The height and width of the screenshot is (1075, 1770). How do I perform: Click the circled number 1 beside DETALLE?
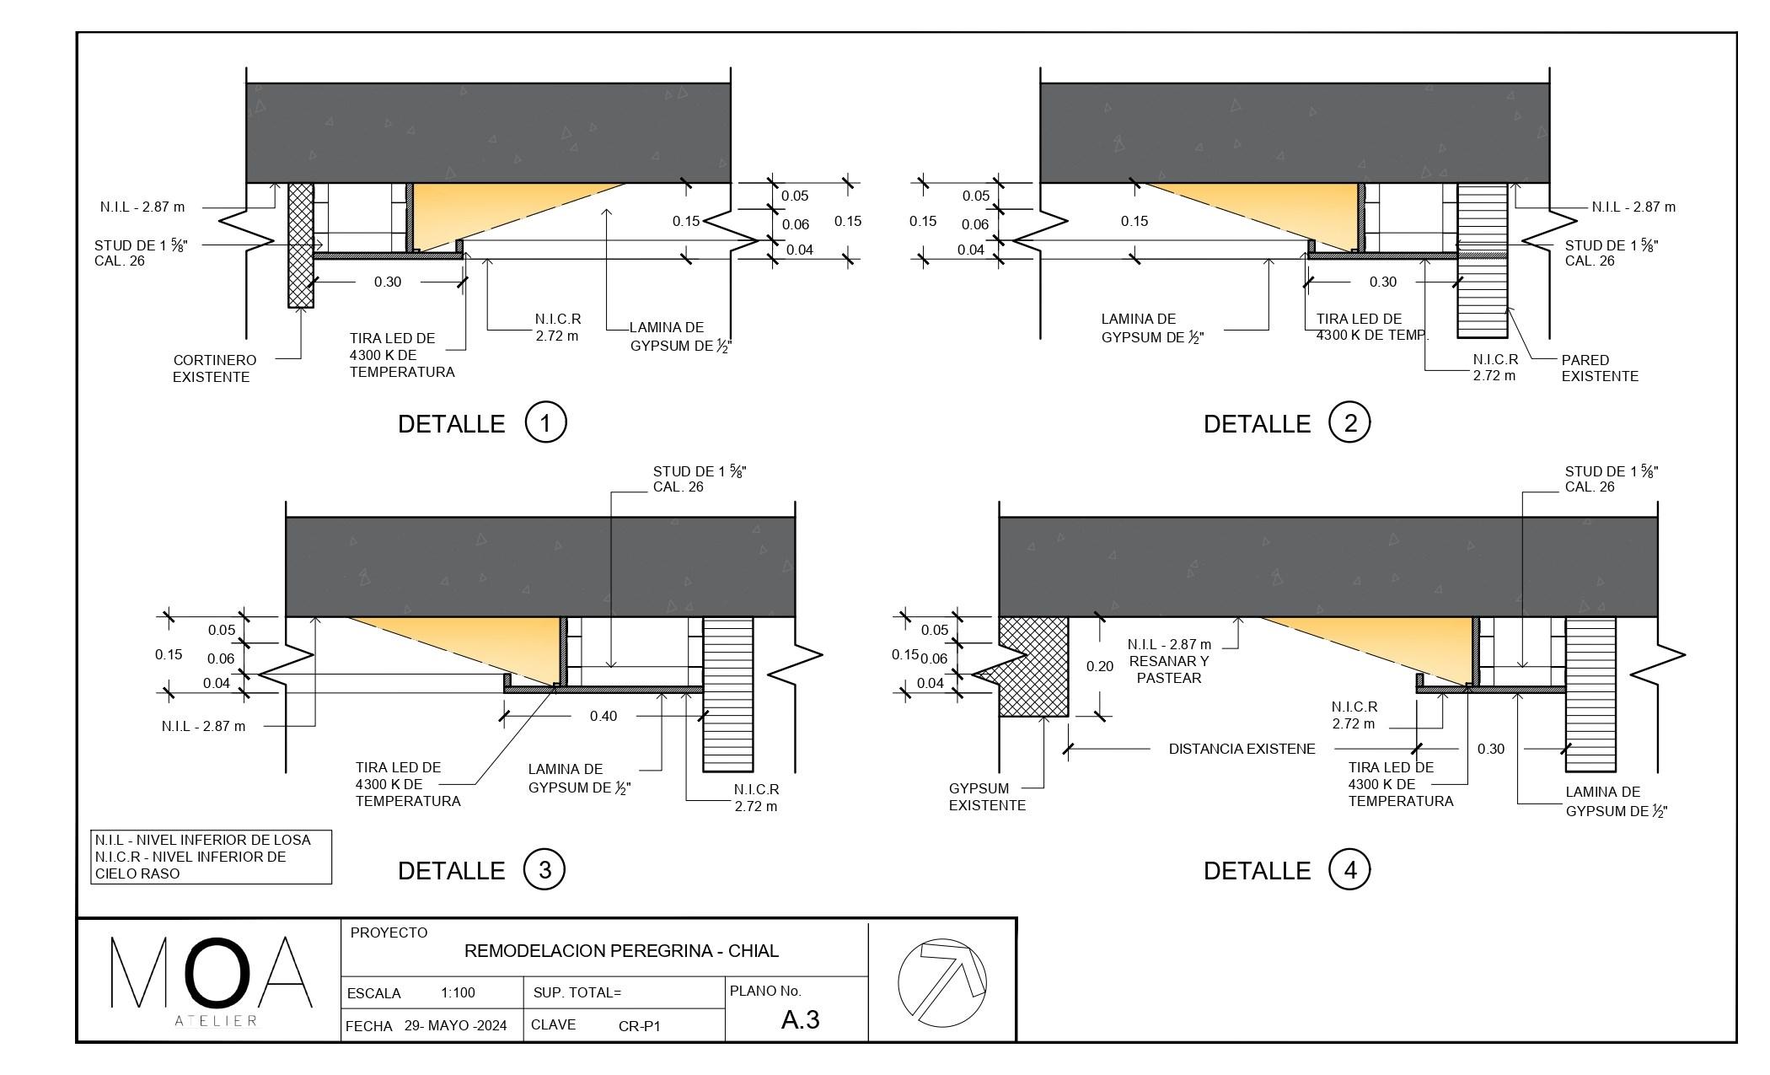[545, 422]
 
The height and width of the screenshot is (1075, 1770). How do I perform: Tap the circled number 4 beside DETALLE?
[1349, 869]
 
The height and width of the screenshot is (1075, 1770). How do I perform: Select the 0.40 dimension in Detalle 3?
[603, 716]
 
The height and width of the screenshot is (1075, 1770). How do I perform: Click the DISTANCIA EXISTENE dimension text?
[1242, 749]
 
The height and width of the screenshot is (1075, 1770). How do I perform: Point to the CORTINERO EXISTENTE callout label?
[214, 368]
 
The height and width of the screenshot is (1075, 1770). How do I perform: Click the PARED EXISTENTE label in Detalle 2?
[1600, 368]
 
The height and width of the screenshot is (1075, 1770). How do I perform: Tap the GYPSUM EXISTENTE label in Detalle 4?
[987, 797]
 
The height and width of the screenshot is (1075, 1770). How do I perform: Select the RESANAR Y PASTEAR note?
[1169, 669]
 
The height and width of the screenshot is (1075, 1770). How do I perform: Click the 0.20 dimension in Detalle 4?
[1100, 666]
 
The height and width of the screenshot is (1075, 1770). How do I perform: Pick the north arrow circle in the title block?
[942, 981]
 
